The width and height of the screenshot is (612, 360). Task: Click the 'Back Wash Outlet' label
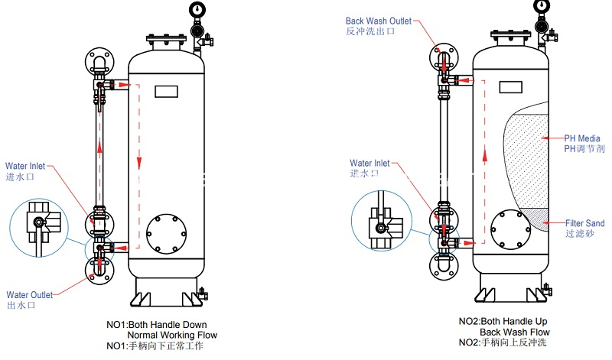(379, 21)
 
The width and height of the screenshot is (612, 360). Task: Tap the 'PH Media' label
(582, 138)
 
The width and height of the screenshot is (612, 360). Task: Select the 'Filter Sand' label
(584, 223)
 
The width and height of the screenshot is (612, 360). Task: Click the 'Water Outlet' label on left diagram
(30, 294)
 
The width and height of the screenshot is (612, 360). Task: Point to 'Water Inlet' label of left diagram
(26, 165)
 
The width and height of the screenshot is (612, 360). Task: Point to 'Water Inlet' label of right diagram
(369, 163)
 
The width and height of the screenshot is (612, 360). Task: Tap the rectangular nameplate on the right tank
(511, 86)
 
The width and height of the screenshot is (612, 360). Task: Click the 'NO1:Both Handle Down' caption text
(156, 325)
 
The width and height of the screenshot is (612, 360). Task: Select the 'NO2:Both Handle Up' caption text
(503, 321)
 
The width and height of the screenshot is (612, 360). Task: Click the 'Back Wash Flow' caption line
(514, 332)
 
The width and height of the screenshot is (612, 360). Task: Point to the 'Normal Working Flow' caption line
(171, 335)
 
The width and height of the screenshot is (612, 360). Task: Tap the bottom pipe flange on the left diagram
(99, 271)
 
